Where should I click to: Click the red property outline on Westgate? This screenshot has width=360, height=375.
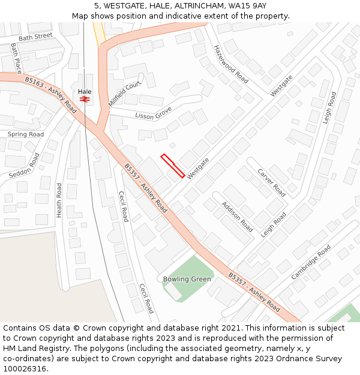point(172,166)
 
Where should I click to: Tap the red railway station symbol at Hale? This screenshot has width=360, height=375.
point(85,99)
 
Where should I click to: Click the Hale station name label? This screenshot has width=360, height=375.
point(85,91)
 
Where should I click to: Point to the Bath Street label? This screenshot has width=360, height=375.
point(35,37)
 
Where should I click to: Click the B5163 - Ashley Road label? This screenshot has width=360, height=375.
point(51,94)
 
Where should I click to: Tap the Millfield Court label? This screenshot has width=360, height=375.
point(125,94)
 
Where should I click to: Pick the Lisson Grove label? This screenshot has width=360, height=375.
point(153,113)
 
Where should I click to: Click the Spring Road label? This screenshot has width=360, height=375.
point(25,134)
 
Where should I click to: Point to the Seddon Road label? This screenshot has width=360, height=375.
point(25,166)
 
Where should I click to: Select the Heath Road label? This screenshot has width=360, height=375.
point(59,199)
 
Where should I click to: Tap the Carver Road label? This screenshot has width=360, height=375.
point(271,182)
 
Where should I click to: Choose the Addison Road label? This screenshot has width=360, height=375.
point(237,217)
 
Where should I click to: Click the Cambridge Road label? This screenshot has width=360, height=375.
point(311,262)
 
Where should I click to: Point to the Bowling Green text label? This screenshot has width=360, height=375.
point(187,279)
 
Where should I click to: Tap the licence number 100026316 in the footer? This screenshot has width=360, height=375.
point(25,368)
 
